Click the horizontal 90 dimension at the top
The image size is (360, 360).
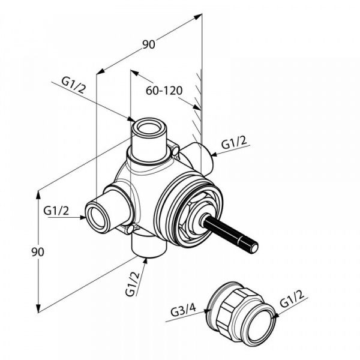tap(148, 44)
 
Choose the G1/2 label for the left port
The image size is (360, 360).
tap(56, 211)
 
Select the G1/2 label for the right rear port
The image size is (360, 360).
tap(234, 144)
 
